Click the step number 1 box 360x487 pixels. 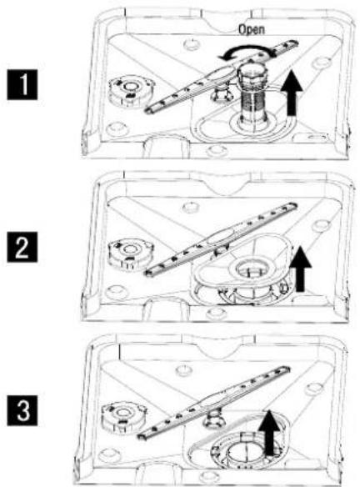click(x=22, y=85)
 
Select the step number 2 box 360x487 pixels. click(x=22, y=247)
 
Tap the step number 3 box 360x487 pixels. click(x=22, y=410)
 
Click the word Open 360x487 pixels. click(x=252, y=29)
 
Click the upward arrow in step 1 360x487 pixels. click(x=292, y=93)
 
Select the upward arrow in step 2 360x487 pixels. click(x=300, y=269)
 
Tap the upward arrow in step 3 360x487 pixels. click(x=270, y=433)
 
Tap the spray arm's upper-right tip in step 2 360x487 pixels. click(x=294, y=206)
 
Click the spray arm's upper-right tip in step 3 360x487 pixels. click(x=287, y=369)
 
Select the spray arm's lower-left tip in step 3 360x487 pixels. click(x=140, y=436)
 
